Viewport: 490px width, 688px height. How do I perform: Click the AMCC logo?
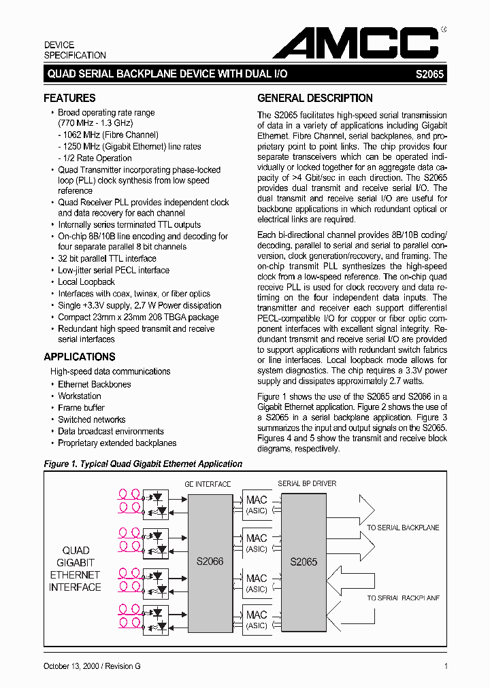tap(355, 44)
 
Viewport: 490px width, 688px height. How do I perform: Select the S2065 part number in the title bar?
tap(429, 73)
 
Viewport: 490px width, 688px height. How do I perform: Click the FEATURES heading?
tap(69, 98)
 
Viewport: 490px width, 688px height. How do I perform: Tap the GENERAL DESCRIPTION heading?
tap(314, 98)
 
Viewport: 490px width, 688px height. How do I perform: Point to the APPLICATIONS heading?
tap(79, 357)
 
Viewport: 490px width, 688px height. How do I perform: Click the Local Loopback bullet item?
tap(86, 282)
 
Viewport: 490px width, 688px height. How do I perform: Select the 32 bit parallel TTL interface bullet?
tap(107, 259)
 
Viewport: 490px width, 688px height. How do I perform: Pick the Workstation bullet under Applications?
tap(79, 396)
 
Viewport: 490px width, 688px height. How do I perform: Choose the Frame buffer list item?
tap(81, 408)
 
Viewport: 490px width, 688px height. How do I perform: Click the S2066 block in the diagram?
tap(210, 562)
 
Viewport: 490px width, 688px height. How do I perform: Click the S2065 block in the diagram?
tap(304, 562)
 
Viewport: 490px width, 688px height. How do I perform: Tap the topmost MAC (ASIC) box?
tap(257, 505)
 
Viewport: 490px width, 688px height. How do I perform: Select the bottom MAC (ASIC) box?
tap(257, 619)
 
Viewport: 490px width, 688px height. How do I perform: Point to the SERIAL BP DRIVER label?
tap(307, 484)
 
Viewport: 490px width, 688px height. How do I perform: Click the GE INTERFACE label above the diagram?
tap(208, 484)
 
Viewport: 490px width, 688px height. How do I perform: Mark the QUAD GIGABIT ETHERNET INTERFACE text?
tap(75, 569)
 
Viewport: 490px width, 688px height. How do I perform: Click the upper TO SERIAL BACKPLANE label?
tap(403, 528)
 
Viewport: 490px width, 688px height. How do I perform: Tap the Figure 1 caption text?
tap(143, 464)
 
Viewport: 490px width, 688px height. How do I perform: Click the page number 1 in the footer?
tap(445, 666)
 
